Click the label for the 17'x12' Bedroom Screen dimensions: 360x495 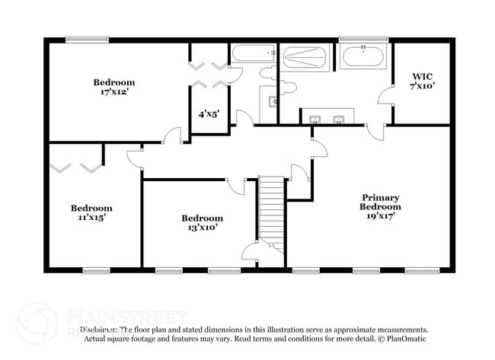point(114,87)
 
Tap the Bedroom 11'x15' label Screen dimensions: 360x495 point(91,212)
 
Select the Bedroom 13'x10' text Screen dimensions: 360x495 point(202,222)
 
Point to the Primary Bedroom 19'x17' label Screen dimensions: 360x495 point(379,206)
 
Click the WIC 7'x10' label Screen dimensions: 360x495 point(423,81)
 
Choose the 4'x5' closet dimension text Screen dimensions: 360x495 point(209,114)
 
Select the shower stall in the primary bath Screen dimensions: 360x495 point(305,58)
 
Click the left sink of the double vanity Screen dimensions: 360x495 point(315,118)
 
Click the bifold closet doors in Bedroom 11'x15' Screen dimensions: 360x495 point(76,166)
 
